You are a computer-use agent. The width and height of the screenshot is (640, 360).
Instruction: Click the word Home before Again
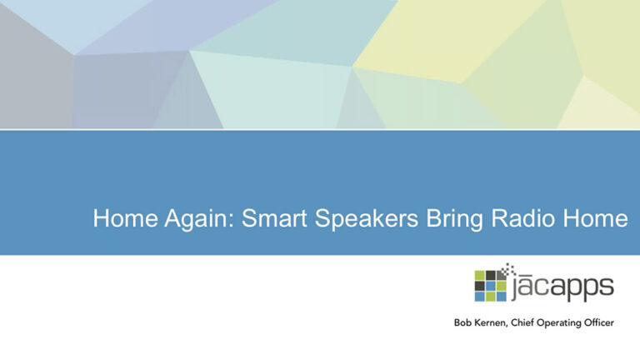[x=125, y=218]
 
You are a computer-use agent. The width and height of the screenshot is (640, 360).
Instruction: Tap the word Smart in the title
[x=274, y=218]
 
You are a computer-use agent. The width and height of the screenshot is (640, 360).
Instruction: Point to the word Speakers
[x=367, y=219]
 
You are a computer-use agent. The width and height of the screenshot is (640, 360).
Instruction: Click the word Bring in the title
[x=454, y=219]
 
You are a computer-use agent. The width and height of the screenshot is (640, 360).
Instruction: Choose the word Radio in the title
[x=522, y=218]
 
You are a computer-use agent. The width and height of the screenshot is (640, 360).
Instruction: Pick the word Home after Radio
[x=596, y=218]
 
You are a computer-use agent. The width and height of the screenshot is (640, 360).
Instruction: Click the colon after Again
[x=232, y=220]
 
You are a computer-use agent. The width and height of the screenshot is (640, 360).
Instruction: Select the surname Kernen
[x=488, y=323]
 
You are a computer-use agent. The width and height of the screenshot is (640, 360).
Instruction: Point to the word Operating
[x=559, y=323]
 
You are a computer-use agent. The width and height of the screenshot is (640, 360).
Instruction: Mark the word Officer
[x=599, y=322]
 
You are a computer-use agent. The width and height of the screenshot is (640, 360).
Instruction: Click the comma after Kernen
[x=507, y=326]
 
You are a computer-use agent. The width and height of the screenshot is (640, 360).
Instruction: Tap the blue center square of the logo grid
[x=490, y=286]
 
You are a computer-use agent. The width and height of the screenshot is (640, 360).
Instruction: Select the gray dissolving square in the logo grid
[x=501, y=275]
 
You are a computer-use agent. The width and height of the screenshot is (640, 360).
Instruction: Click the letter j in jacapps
[x=512, y=290]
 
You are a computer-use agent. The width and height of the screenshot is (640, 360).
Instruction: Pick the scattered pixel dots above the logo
[x=510, y=268]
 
